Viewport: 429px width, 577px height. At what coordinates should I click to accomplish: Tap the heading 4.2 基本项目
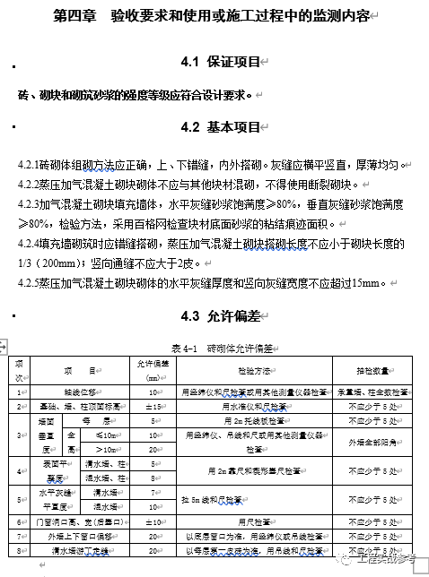point(219,127)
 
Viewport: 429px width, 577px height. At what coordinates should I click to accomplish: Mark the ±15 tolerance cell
point(154,406)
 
